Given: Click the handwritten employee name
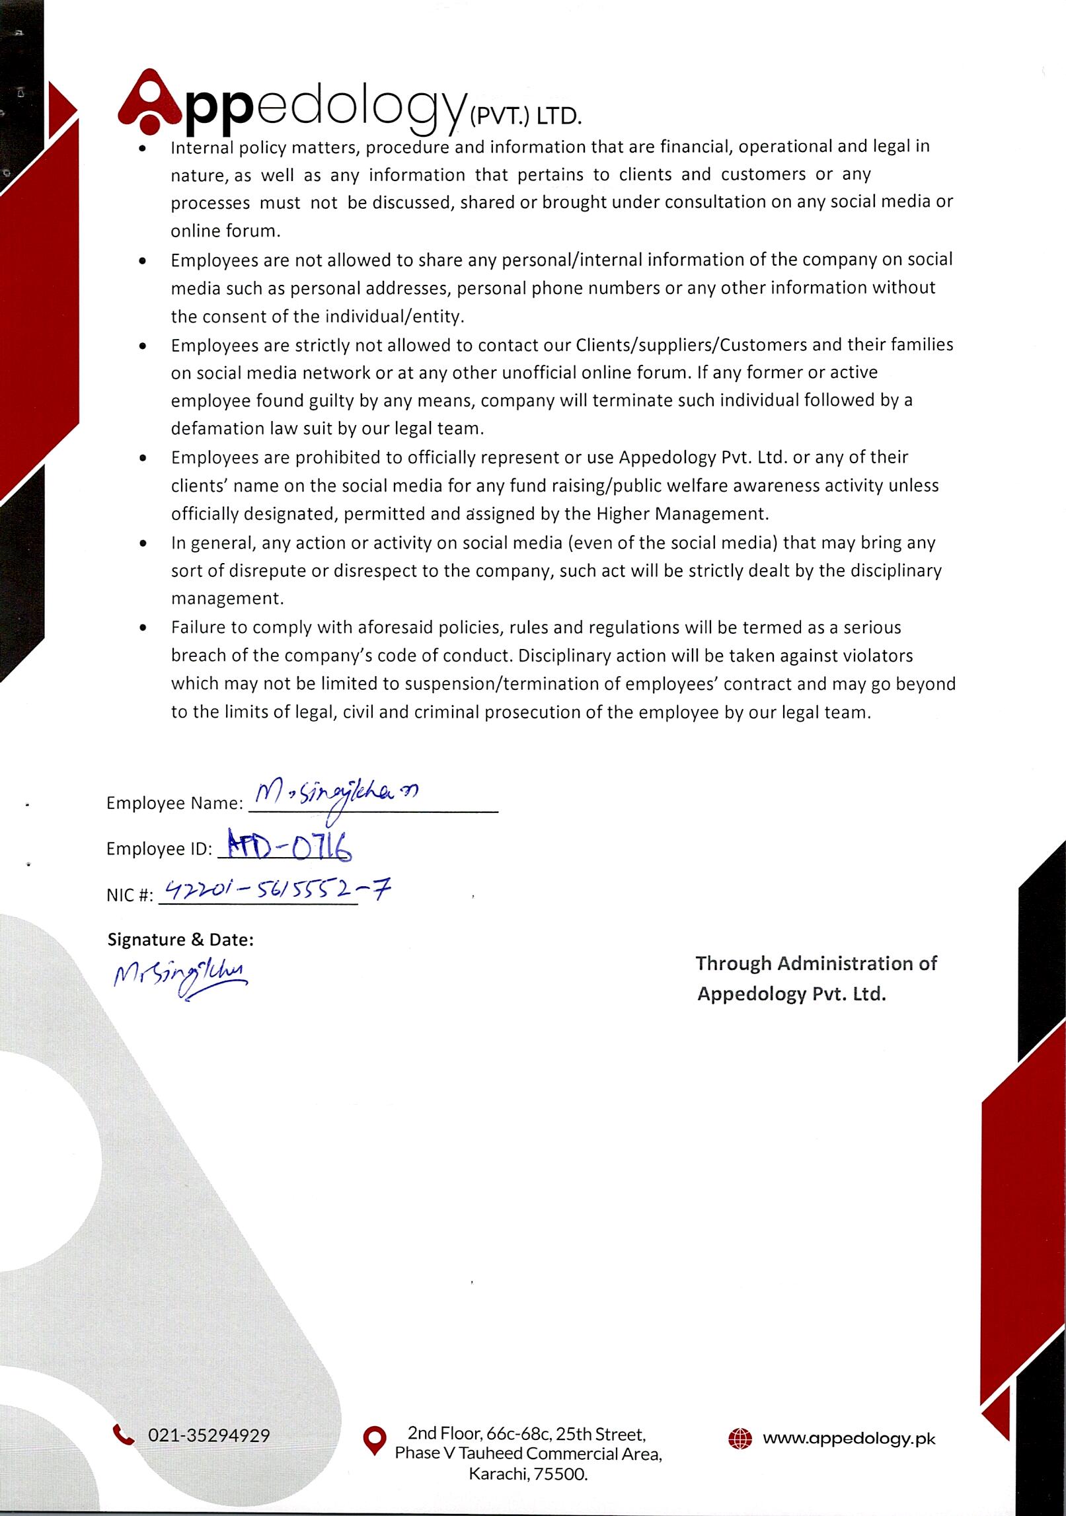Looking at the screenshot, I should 337,795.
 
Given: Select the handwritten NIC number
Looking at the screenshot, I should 276,892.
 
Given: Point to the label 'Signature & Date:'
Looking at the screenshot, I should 180,939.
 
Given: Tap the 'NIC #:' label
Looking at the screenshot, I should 130,895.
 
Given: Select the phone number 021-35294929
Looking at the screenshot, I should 209,1435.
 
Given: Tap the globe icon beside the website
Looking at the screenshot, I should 740,1439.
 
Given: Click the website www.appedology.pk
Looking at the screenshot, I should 849,1439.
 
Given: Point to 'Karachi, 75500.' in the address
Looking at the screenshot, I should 528,1474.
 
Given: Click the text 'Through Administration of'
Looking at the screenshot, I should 816,964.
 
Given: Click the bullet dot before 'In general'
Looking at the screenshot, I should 143,543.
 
